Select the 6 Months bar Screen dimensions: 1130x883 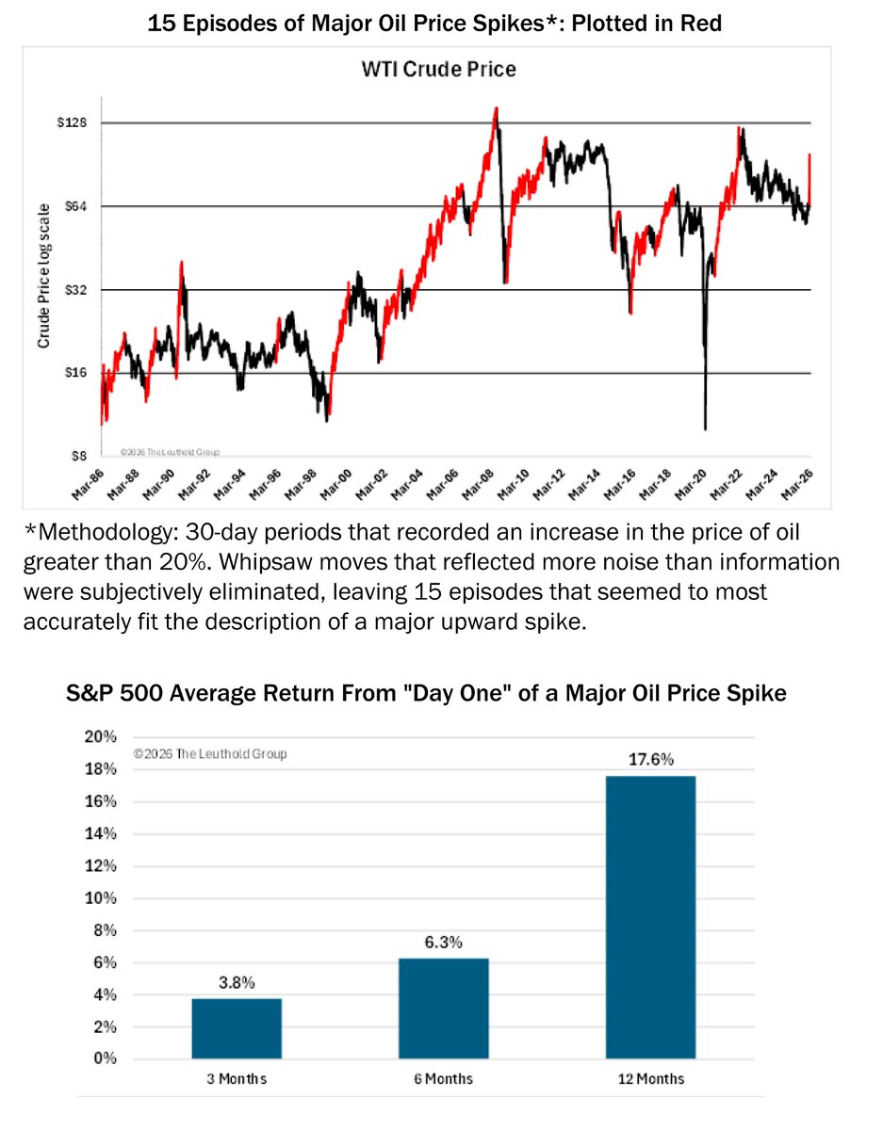443,1008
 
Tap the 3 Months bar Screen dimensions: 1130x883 236,1027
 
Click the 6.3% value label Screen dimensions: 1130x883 443,943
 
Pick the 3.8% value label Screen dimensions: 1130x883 236,983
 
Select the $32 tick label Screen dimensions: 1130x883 76,290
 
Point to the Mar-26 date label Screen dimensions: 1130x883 796,483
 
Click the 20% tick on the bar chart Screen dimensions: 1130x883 101,737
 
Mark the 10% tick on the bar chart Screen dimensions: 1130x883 101,897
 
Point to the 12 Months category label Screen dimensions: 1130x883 650,1078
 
